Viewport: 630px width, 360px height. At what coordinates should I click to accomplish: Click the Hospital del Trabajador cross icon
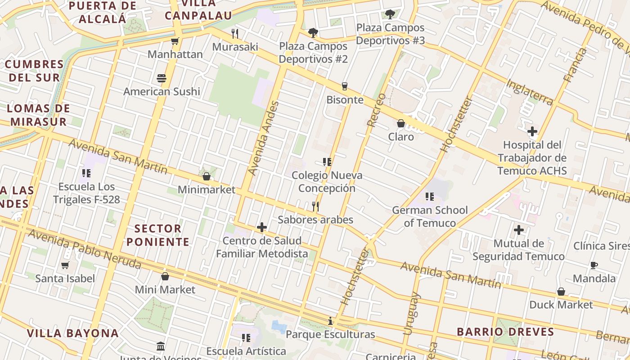point(532,131)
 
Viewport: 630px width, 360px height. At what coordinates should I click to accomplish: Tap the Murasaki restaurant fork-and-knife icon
point(234,33)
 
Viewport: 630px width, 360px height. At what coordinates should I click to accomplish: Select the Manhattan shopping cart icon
point(175,41)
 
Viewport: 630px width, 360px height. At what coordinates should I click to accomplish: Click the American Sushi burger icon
point(162,78)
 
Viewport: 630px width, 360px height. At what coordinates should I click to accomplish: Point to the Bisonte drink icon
point(345,86)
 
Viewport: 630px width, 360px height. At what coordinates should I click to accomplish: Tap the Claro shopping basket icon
point(400,123)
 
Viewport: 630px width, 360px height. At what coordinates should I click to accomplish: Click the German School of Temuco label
point(430,216)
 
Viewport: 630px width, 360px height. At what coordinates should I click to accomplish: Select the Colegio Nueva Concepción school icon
point(327,162)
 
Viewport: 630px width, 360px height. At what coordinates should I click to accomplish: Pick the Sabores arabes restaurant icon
point(315,207)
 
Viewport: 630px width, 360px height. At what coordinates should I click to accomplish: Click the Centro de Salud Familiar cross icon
point(261,227)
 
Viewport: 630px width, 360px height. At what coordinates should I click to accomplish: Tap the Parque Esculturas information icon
point(330,321)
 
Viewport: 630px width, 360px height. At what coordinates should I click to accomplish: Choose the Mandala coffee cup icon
point(594,265)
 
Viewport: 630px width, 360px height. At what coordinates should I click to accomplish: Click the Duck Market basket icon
point(561,292)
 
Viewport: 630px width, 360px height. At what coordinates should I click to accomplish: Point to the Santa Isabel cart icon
point(65,265)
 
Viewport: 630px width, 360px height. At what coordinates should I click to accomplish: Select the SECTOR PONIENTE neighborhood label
point(157,235)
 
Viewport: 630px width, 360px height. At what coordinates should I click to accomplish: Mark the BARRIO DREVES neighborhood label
point(505,332)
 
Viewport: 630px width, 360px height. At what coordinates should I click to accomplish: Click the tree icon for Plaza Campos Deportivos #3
point(390,14)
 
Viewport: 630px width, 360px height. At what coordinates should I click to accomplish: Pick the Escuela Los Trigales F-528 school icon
point(86,173)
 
